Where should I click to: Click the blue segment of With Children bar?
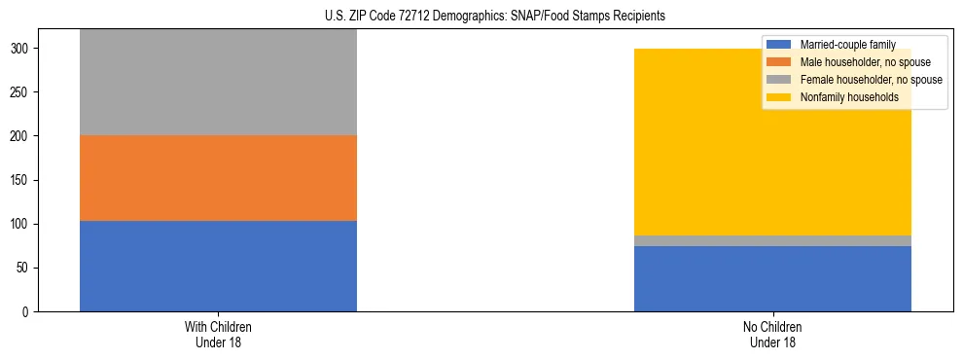218,266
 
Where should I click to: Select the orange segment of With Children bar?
218,178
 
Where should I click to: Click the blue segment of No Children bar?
772,278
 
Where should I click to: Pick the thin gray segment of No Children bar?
772,240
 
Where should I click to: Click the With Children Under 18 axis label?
218,334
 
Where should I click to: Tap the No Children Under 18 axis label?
772,334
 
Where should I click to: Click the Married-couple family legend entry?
846,45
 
